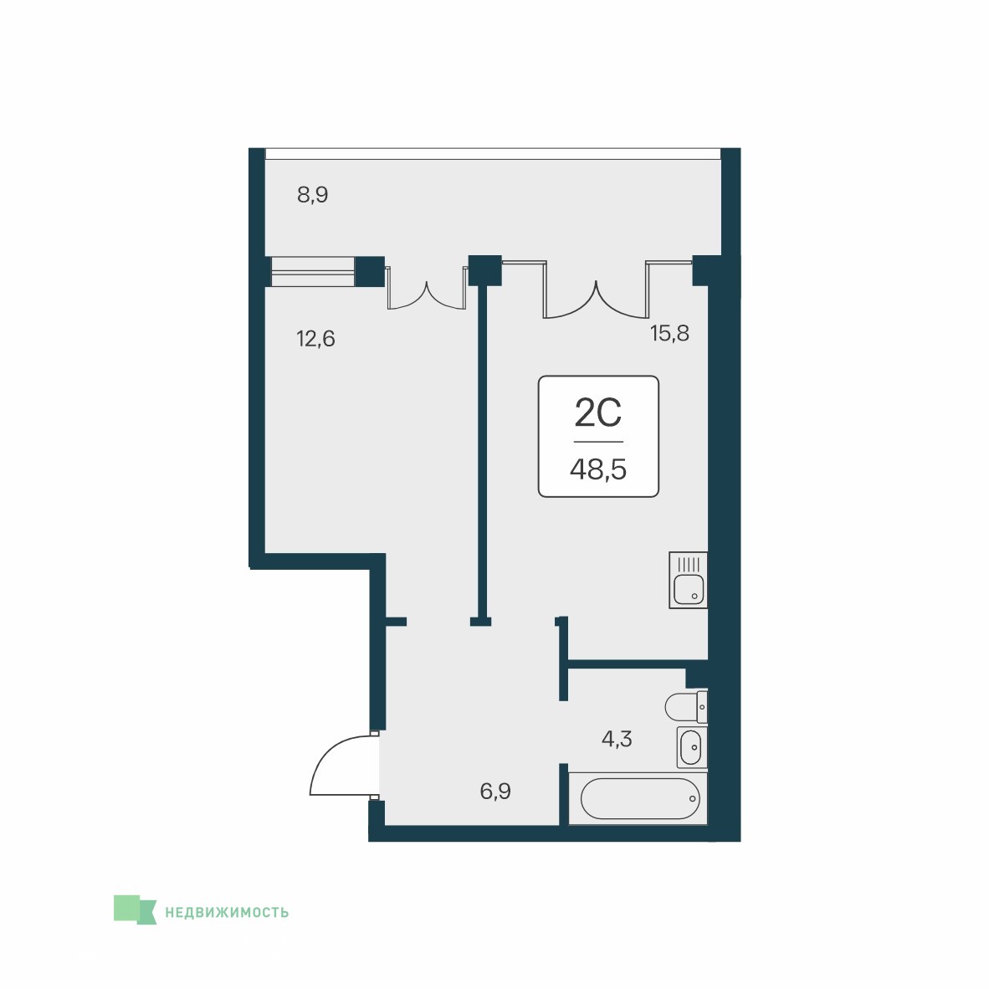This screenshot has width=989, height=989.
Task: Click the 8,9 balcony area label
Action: point(312,195)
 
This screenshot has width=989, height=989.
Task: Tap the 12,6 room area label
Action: point(315,339)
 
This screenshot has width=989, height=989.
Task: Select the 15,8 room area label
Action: point(669,332)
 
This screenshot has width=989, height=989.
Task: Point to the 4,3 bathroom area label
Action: point(616,738)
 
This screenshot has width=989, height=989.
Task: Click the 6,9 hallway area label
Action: point(495,791)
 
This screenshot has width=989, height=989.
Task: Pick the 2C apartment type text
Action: point(598,413)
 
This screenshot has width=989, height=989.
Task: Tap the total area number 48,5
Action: point(598,469)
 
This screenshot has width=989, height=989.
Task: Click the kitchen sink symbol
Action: point(688,581)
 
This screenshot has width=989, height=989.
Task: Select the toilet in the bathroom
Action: point(686,706)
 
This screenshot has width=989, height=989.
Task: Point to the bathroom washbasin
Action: point(692,747)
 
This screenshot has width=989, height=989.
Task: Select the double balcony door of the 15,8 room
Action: point(596,290)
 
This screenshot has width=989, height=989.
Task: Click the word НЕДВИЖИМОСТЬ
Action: point(227,912)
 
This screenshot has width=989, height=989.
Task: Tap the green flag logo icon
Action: point(135,910)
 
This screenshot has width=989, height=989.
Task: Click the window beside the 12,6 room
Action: point(313,272)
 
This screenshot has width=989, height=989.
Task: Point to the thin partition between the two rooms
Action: point(483,451)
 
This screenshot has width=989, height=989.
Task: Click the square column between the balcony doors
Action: point(485,270)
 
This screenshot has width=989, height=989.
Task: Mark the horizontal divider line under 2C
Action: point(598,442)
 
